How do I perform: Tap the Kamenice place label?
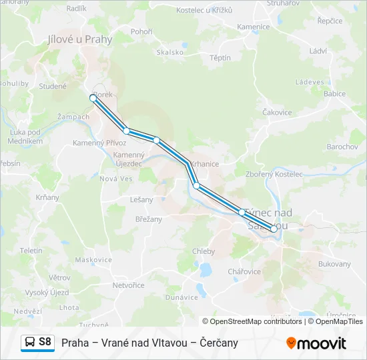click(254, 27)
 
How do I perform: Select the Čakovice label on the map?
click(278, 113)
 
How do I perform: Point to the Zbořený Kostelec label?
click(274, 174)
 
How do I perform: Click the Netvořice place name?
click(128, 285)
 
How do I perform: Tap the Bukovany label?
click(334, 264)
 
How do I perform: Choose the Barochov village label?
click(342, 146)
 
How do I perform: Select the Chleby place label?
click(204, 251)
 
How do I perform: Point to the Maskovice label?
click(93, 259)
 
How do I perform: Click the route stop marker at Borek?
click(93, 98)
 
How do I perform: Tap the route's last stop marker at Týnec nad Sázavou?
click(274, 229)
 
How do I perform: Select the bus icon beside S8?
click(30, 343)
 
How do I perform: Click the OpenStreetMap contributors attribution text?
click(247, 321)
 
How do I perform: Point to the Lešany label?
click(141, 199)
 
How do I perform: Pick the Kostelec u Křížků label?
click(204, 11)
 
